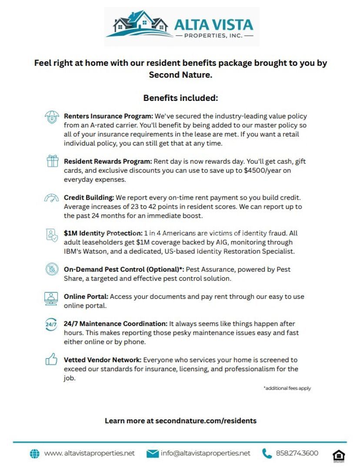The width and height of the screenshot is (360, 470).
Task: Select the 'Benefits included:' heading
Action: (180, 98)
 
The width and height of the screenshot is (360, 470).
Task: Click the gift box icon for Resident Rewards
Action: (52, 161)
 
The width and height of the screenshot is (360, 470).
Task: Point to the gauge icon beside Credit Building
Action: (52, 198)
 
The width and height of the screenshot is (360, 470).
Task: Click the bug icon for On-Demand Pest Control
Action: (52, 269)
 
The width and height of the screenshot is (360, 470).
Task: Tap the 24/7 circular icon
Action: (51, 325)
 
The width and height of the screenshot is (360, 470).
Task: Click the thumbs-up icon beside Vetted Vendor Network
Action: (52, 360)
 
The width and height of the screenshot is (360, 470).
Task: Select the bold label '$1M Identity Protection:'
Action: (103, 233)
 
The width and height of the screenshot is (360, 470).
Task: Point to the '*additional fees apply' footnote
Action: (287, 388)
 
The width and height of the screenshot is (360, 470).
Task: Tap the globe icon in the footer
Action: (34, 454)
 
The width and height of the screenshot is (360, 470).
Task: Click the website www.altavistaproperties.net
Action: (89, 453)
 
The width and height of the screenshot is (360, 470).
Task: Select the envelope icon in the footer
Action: (153, 454)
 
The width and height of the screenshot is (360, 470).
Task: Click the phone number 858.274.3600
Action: (297, 453)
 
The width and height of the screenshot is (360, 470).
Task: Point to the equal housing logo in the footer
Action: (339, 455)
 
